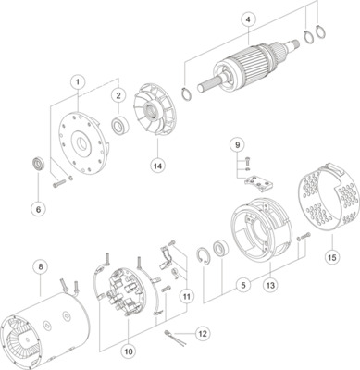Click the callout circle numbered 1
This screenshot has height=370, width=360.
(79, 82)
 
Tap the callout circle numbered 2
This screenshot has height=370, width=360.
(118, 95)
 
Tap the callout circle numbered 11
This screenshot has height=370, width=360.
(186, 296)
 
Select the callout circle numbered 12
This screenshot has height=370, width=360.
(203, 332)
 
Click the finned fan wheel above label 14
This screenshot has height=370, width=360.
(156, 120)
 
